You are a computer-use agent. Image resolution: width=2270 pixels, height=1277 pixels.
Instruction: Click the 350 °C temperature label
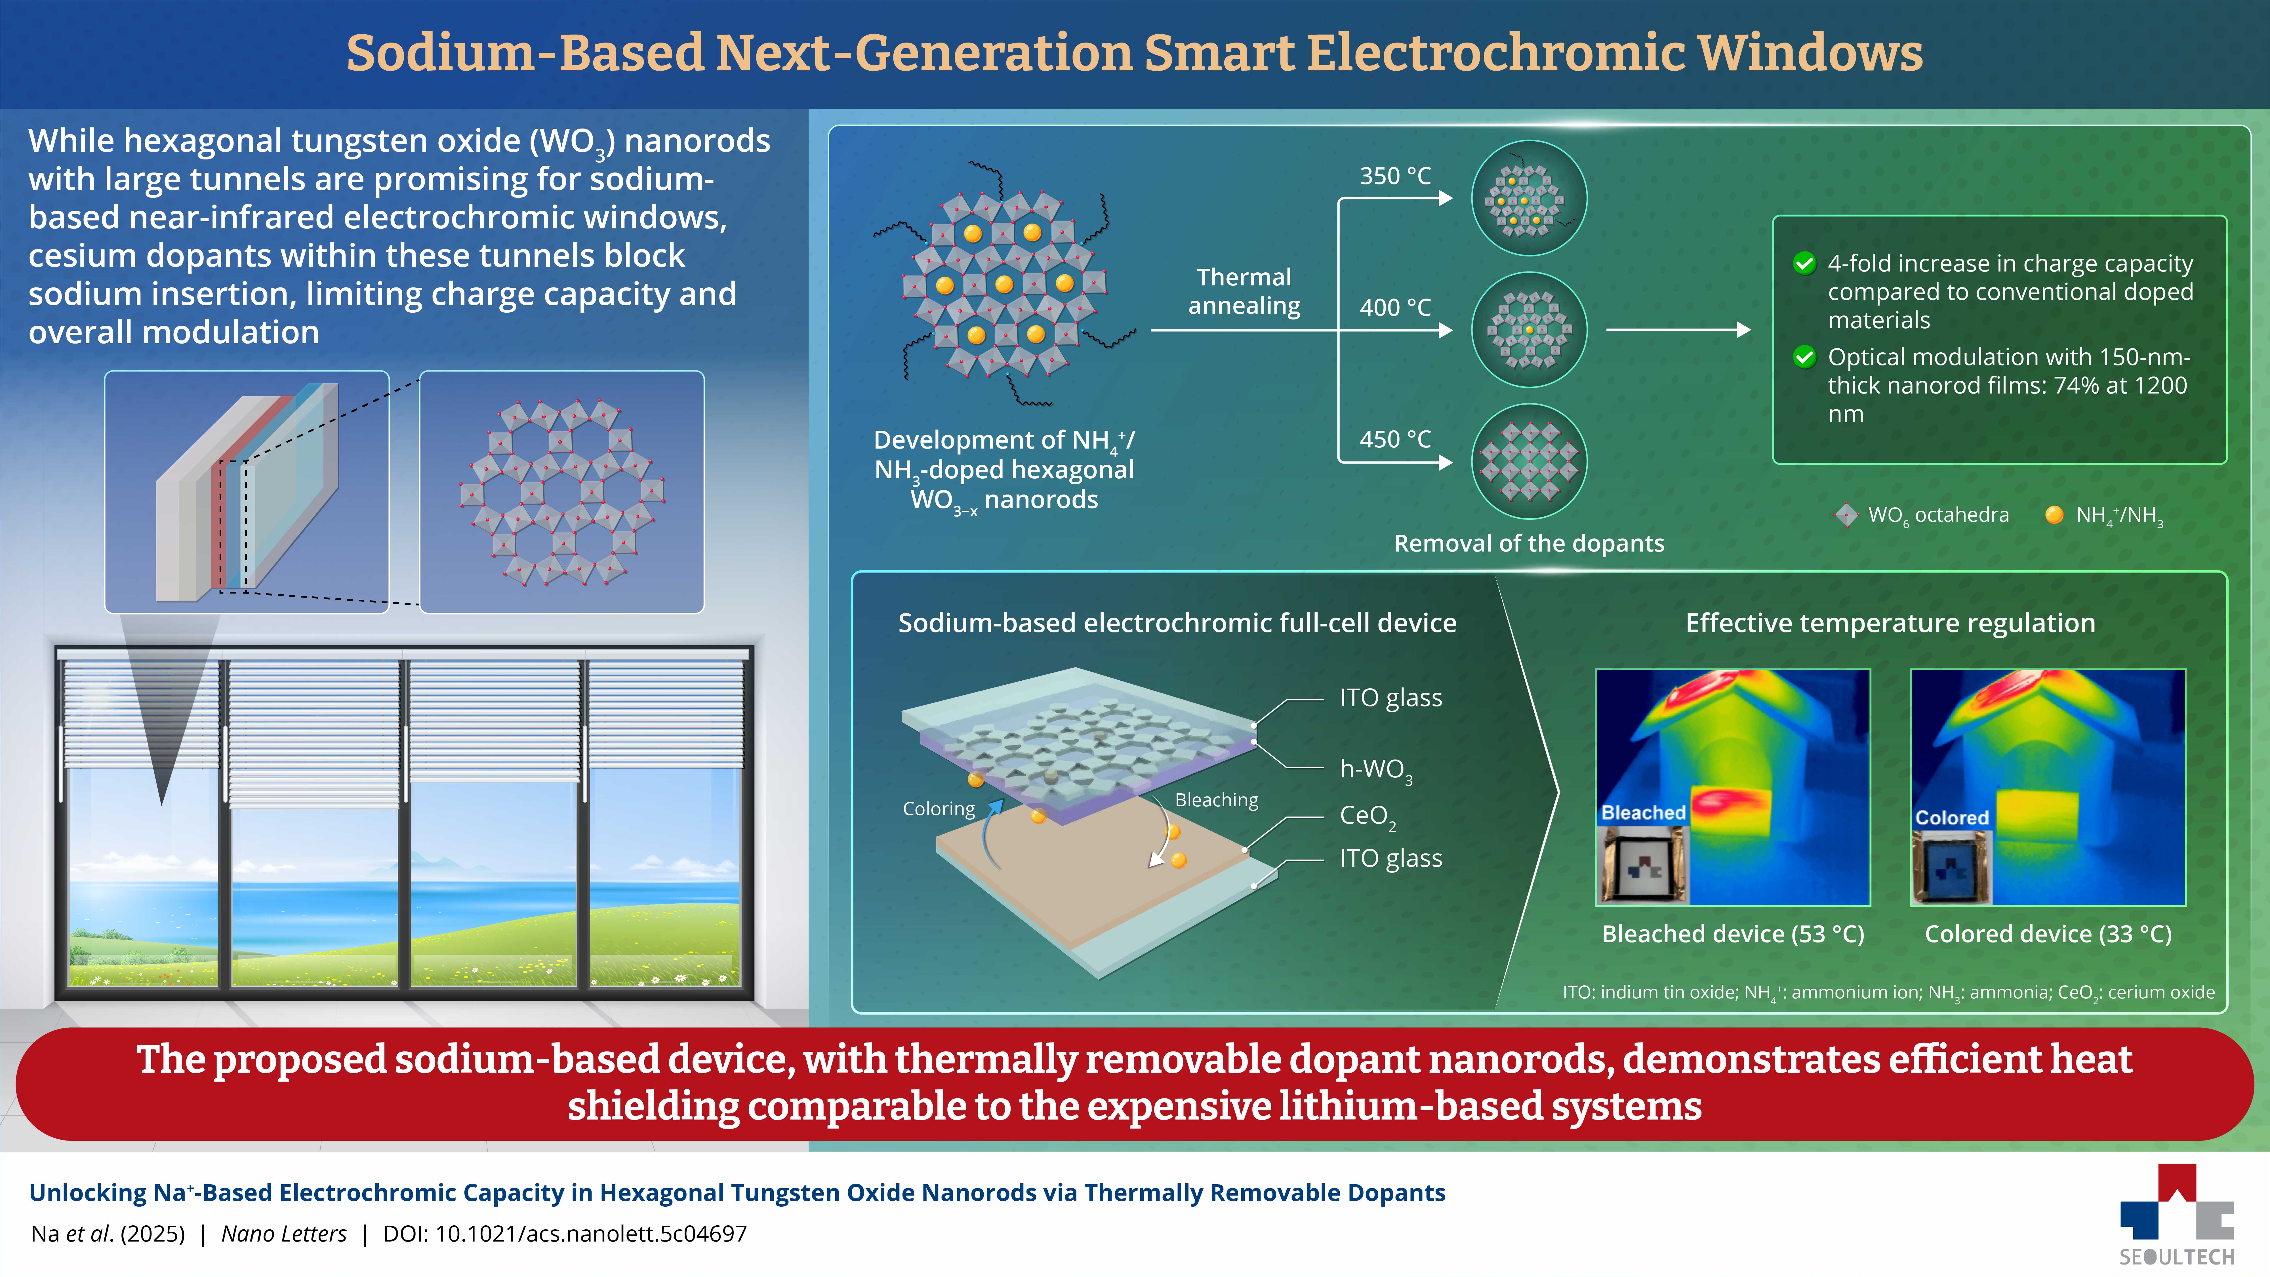coord(1395,176)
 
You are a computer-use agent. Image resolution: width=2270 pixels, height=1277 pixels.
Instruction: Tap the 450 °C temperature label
coord(1395,439)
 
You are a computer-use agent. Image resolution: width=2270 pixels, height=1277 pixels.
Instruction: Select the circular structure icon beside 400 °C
coord(1529,330)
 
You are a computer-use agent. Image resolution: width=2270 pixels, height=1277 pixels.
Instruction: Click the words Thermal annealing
coord(1244,291)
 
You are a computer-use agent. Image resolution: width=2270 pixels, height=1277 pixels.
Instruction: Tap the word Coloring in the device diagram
coord(939,809)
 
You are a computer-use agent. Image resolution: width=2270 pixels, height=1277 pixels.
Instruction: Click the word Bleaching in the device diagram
coord(1216,800)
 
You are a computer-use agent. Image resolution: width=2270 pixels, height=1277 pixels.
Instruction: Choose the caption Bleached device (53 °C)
coord(1732,934)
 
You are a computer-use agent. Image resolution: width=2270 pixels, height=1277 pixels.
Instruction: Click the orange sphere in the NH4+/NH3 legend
coord(2054,515)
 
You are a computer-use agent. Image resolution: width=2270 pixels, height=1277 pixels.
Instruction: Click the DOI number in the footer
coord(590,1234)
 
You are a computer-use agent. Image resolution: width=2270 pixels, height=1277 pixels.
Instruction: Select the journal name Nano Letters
coord(284,1234)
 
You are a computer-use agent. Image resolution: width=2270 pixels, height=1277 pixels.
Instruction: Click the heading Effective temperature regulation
coord(1890,623)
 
